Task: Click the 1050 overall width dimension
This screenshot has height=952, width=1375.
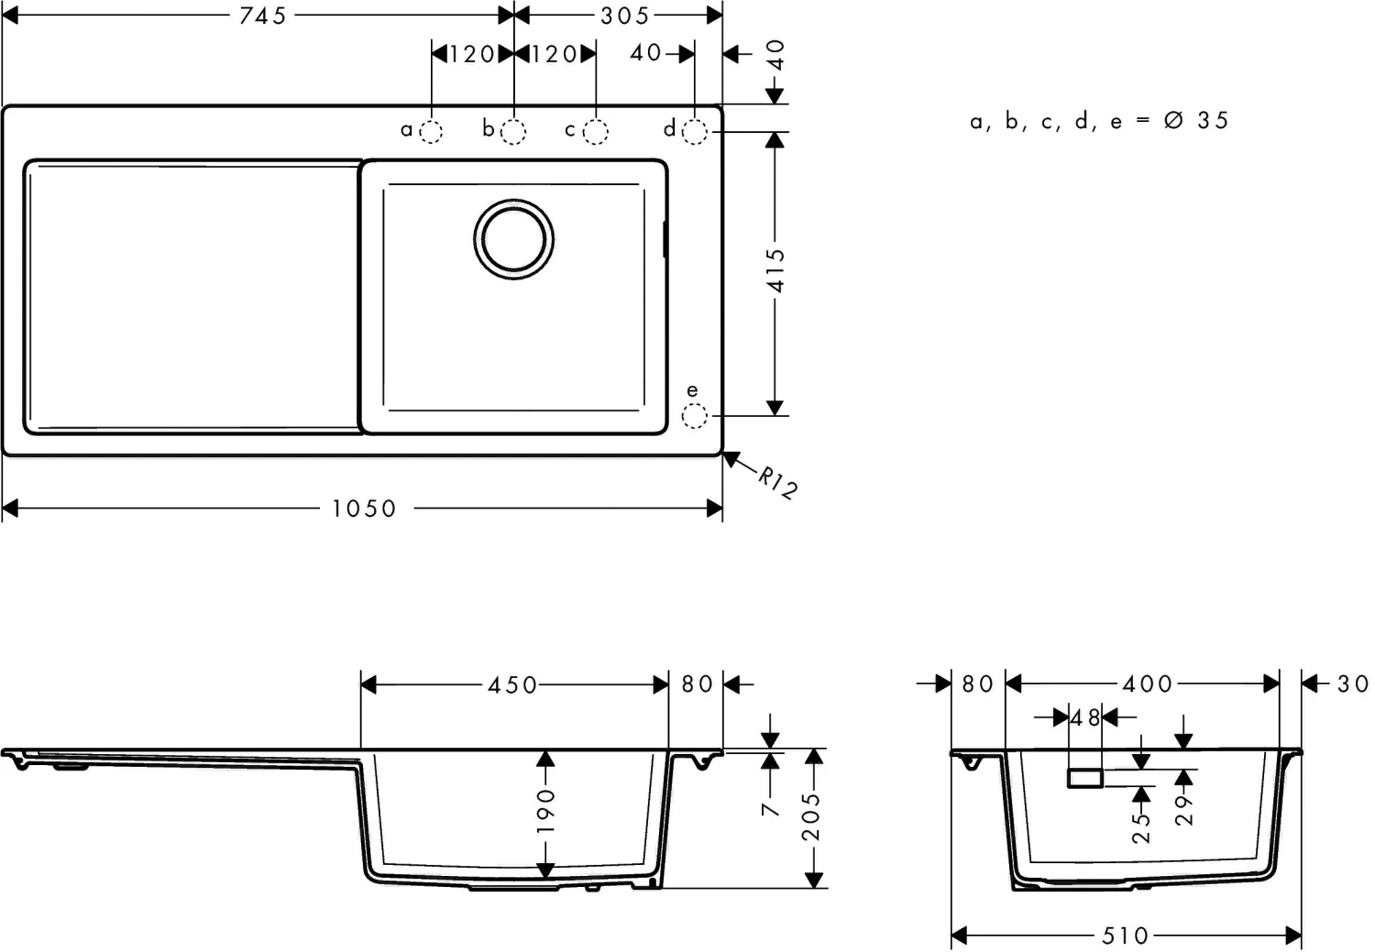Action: coord(364,509)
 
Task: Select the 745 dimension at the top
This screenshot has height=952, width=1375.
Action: coord(263,16)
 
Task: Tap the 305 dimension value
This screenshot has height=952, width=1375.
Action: coord(624,16)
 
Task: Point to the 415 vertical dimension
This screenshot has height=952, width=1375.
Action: coord(776,270)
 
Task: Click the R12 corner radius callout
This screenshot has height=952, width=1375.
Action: coord(776,482)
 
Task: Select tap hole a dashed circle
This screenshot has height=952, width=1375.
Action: coord(431,132)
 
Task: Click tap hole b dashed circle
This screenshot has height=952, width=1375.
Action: coord(514,132)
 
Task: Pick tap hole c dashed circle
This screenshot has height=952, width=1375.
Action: coord(596,132)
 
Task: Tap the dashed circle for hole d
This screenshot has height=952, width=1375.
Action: coord(695,132)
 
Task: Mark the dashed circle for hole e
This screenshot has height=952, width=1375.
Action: coord(695,417)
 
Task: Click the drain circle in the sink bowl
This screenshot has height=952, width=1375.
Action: coord(513,238)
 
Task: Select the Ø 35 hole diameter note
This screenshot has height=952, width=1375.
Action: coord(1195,120)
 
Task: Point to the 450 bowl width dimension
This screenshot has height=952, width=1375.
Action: coord(512,684)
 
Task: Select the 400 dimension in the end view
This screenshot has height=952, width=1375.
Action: coord(1147,684)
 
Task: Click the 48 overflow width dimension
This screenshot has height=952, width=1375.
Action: coord(1085,718)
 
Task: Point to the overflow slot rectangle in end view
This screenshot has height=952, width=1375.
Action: coord(1085,778)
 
